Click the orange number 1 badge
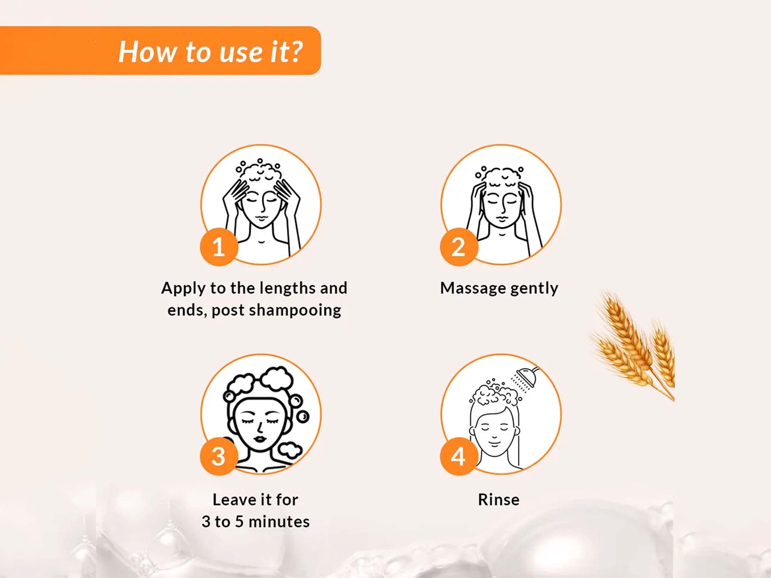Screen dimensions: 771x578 pos(219,247)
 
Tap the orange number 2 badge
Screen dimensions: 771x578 pos(459,247)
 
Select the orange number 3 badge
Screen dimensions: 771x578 pos(219,456)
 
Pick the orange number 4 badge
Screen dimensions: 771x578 pos(459,456)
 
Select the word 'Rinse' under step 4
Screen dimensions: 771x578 pos(498,500)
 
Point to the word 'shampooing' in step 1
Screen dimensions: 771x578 pos(295,311)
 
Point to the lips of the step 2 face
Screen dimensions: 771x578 pos(501,219)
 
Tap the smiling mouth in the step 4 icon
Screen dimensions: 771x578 pos(494,441)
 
